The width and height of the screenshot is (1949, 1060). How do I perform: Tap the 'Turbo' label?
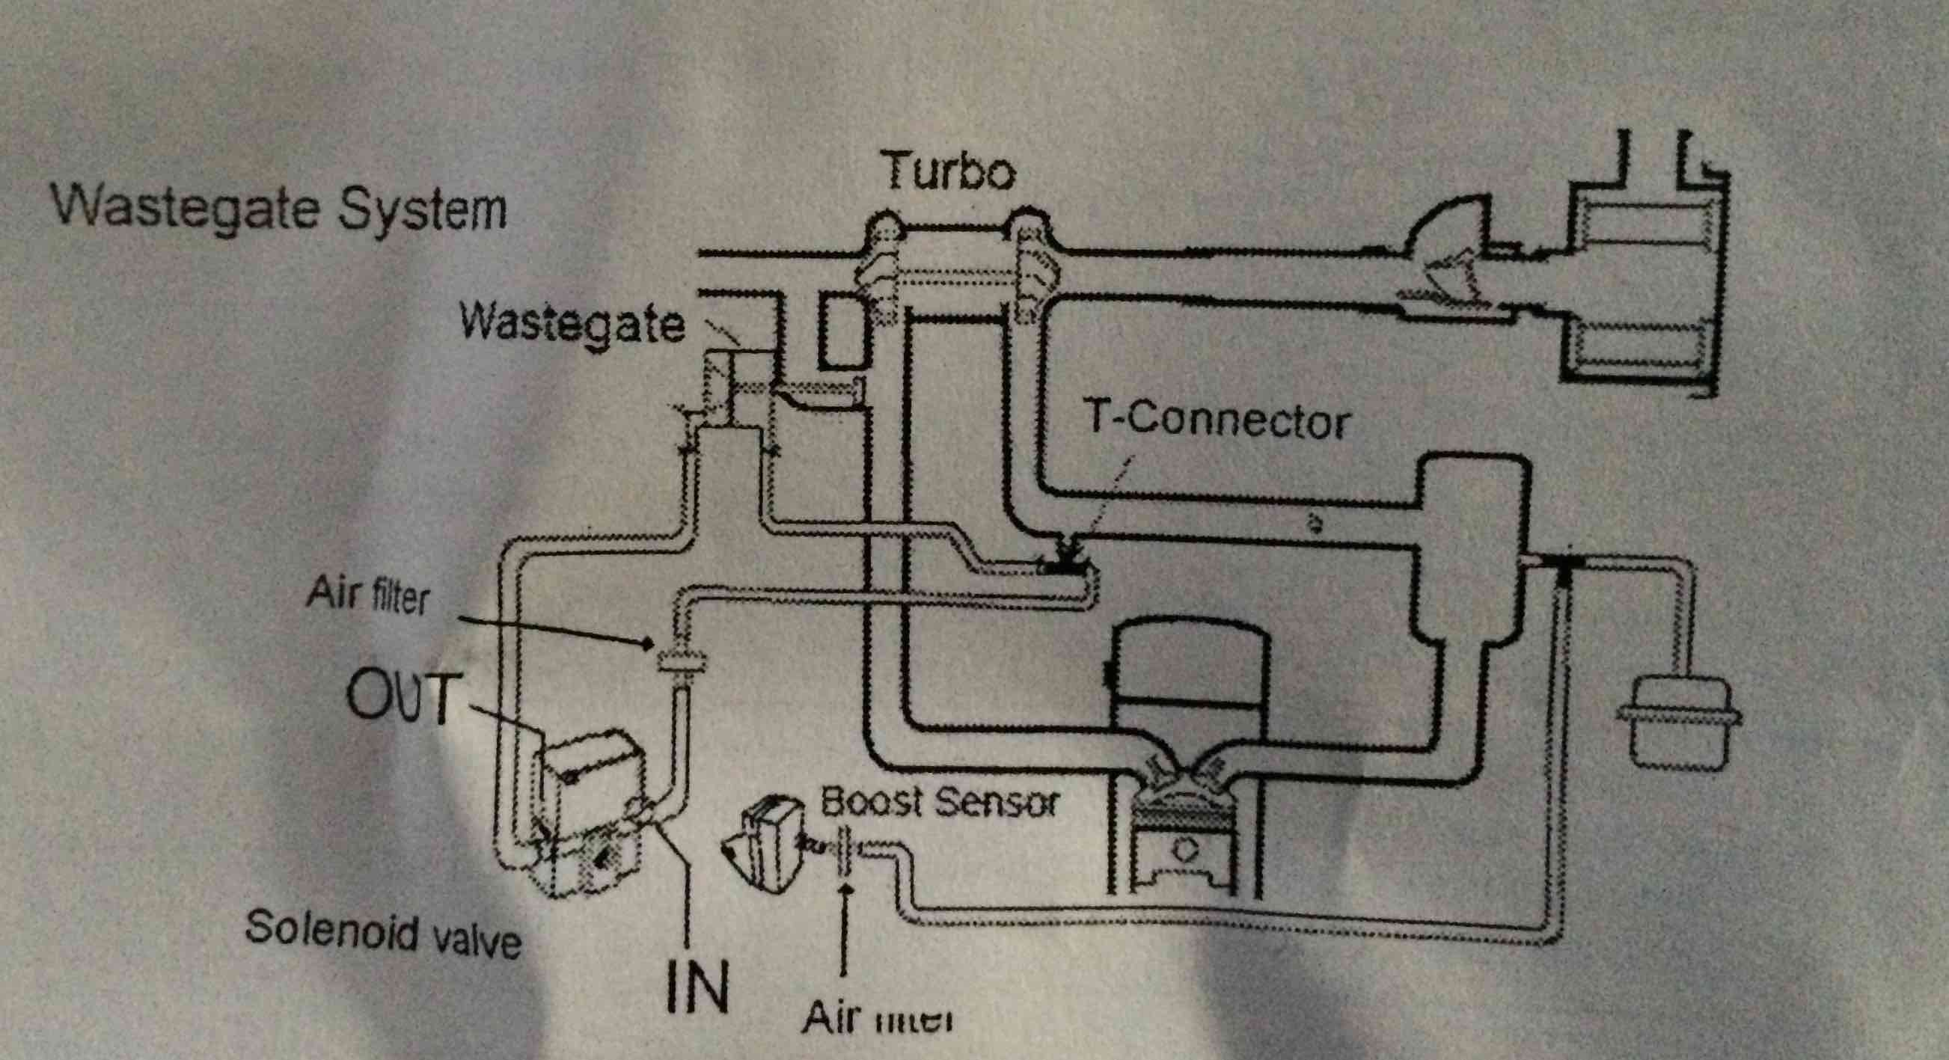click(x=950, y=174)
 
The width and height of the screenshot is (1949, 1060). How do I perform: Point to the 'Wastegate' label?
click(x=572, y=325)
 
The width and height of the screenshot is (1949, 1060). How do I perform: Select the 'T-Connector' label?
click(x=1217, y=421)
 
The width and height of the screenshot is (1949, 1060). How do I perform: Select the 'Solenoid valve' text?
click(x=383, y=932)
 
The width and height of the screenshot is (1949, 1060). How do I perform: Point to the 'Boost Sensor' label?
click(x=938, y=803)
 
